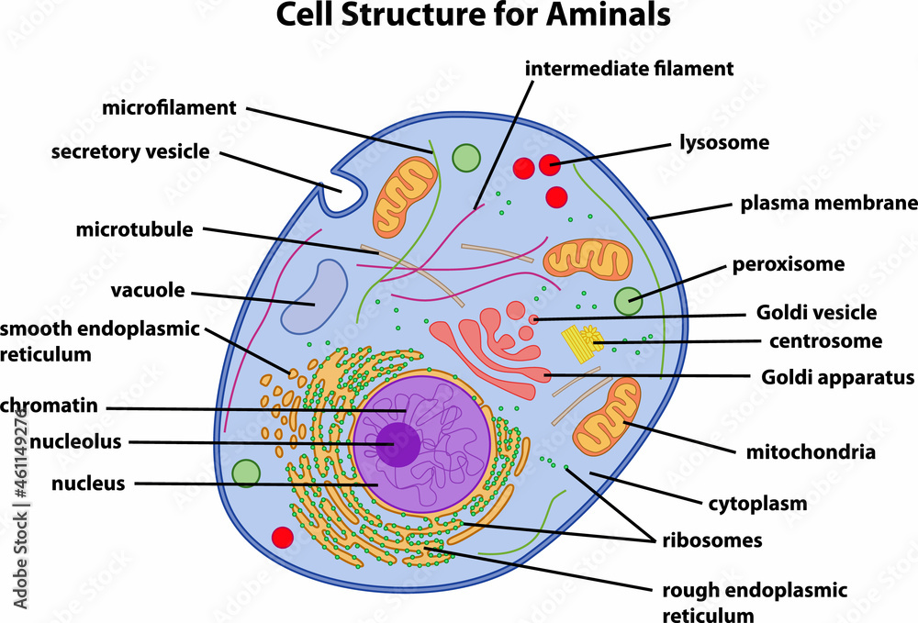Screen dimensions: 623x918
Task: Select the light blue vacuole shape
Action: (x=313, y=295)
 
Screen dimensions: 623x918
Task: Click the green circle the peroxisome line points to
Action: (x=629, y=301)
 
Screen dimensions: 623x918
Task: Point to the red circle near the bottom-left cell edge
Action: (x=283, y=538)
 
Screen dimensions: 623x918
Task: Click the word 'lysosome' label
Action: (x=723, y=142)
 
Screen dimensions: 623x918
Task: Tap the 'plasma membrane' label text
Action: (x=829, y=203)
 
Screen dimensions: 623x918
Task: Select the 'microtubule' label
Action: (x=134, y=229)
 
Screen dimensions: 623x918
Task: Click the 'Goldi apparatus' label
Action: (x=838, y=377)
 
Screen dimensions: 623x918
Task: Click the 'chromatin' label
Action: (x=50, y=405)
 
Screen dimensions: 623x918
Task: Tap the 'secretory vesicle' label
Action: (x=130, y=151)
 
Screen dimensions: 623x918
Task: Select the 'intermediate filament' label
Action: (x=630, y=68)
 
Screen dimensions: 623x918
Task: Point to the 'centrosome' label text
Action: (x=824, y=341)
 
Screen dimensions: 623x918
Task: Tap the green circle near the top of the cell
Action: (x=467, y=158)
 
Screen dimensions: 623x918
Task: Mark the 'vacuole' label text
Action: (x=148, y=291)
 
